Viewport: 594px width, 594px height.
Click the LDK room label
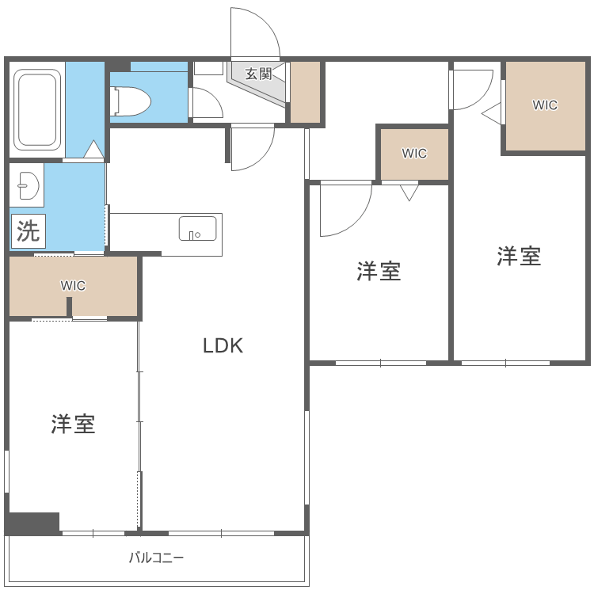click(x=223, y=345)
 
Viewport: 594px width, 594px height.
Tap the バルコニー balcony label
click(x=157, y=558)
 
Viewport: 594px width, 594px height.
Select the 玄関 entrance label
click(x=258, y=74)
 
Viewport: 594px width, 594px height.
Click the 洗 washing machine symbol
click(x=28, y=231)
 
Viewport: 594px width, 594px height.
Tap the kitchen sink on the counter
click(x=197, y=229)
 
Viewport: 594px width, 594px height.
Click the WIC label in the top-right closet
click(x=545, y=105)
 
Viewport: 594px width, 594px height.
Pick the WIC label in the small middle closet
click(x=414, y=154)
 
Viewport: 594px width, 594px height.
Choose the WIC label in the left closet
click(x=73, y=285)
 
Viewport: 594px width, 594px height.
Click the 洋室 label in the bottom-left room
click(x=74, y=425)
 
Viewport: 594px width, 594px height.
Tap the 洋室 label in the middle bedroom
click(x=379, y=272)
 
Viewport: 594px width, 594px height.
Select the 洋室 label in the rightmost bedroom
click(x=520, y=256)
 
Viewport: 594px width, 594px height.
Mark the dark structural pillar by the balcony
click(x=33, y=523)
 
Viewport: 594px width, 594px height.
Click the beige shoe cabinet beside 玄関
click(x=304, y=91)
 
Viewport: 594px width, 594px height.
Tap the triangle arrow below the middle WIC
click(x=409, y=192)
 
